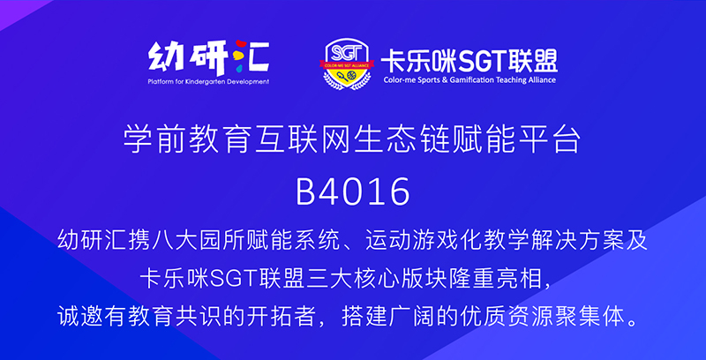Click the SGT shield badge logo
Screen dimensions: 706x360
click(x=347, y=64)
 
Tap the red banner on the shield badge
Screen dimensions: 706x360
click(x=347, y=65)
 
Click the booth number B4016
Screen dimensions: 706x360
click(x=352, y=192)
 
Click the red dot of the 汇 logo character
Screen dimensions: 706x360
click(x=241, y=44)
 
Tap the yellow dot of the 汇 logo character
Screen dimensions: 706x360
click(x=237, y=56)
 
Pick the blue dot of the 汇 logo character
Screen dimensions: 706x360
click(x=239, y=69)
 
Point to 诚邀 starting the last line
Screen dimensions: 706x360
click(x=78, y=318)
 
